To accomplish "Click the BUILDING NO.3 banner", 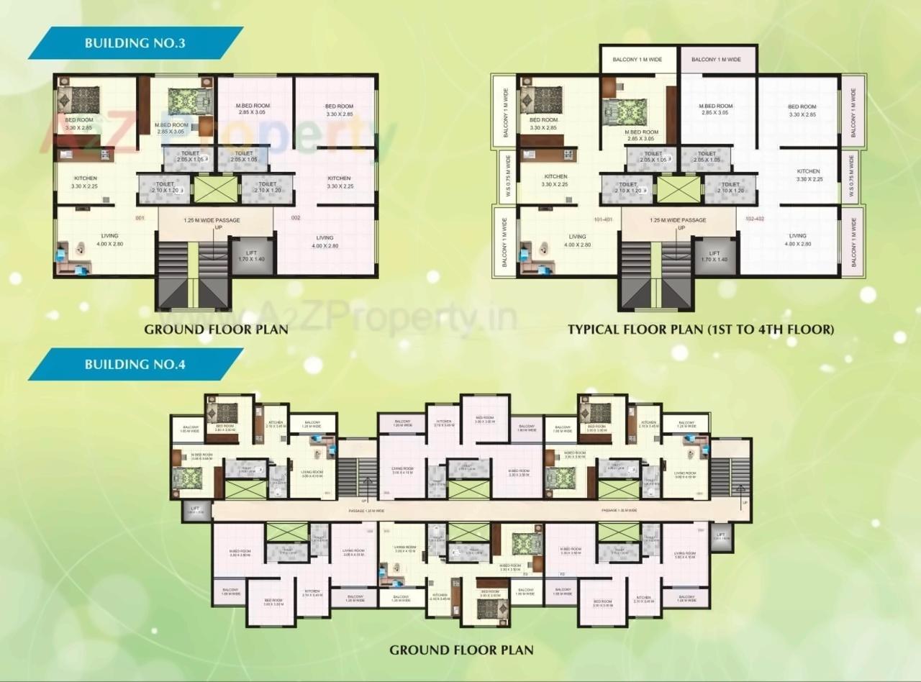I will click(135, 42).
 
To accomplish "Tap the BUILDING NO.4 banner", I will click(135, 363).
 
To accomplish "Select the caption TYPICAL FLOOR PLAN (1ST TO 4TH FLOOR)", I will click(701, 330).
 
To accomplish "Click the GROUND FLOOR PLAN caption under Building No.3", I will click(216, 330).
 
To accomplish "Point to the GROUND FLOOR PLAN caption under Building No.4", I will click(461, 650).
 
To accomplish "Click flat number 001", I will click(140, 217).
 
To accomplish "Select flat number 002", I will click(295, 217).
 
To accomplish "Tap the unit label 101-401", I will click(603, 219).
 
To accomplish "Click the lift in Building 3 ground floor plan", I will click(251, 255).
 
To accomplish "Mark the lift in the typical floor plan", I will click(714, 256).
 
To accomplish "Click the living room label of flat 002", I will click(325, 242).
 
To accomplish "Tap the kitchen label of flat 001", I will click(85, 182).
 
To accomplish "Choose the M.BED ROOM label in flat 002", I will click(252, 109).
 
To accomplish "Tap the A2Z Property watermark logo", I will click(216, 137).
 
